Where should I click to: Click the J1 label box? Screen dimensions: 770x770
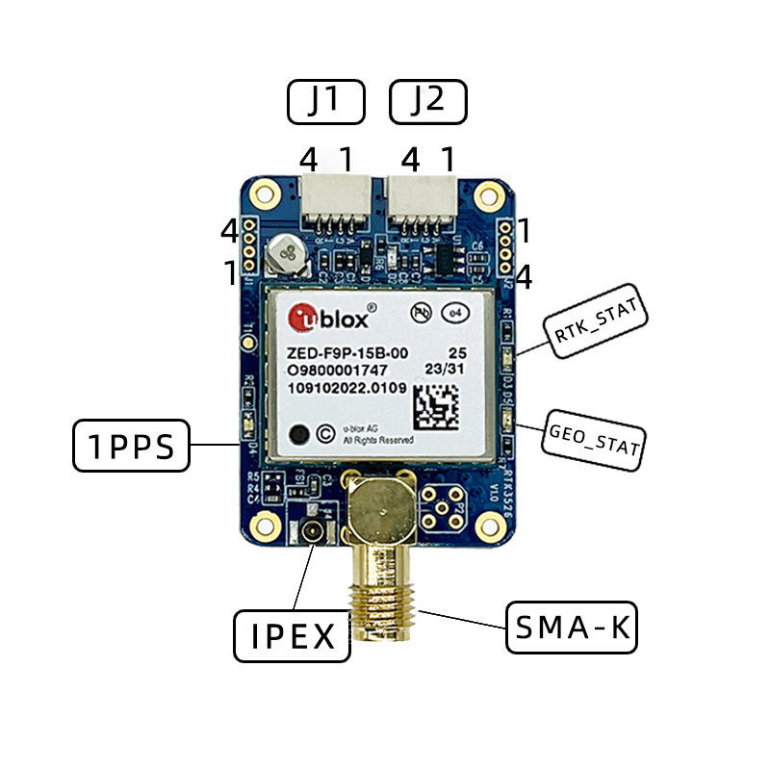327,102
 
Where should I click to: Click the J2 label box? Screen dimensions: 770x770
427,102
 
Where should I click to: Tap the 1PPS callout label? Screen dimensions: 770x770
132,446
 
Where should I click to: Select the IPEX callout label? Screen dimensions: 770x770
292,635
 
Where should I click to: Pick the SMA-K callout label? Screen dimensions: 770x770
572,629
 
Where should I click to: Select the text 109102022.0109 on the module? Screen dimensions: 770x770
344,389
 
